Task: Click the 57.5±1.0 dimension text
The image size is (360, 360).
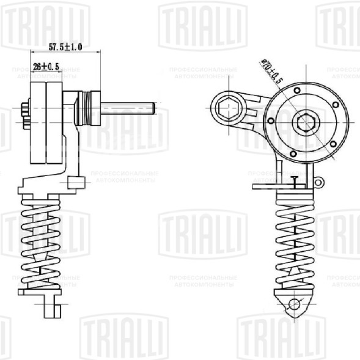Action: (x=65, y=46)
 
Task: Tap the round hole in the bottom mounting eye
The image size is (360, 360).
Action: (x=294, y=304)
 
